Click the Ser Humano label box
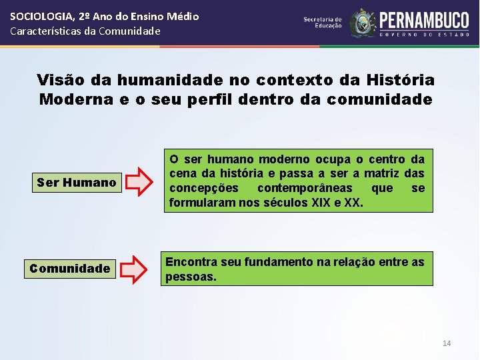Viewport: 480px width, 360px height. [77, 182]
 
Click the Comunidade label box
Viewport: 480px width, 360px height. [69, 269]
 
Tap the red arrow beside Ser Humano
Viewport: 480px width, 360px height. [139, 182]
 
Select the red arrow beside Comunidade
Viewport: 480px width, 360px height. [135, 269]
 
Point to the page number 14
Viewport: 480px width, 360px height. [447, 343]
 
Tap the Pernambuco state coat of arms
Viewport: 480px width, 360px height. [363, 23]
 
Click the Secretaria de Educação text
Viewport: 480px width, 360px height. [323, 23]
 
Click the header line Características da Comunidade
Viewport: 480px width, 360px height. [85, 31]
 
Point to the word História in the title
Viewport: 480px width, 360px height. [402, 81]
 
